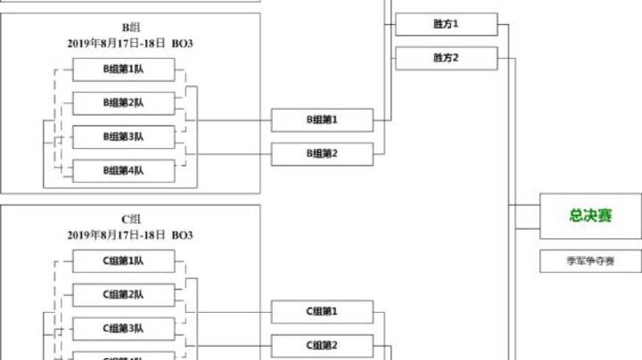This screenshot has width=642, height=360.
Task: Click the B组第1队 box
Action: tap(123, 70)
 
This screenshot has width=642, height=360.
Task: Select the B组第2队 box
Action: tap(123, 103)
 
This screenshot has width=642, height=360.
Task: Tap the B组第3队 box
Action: tap(123, 137)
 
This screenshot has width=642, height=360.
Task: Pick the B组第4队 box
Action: tap(123, 170)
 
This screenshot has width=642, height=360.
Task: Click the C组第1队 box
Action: tap(123, 261)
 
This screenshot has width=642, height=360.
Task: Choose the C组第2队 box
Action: tap(123, 295)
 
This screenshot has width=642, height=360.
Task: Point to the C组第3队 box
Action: tap(123, 329)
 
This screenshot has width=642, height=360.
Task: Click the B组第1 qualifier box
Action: tap(322, 119)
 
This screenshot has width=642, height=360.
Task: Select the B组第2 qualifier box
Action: tap(322, 153)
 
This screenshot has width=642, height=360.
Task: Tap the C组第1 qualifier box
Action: tap(322, 311)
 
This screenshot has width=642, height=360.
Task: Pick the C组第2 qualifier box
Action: tap(322, 345)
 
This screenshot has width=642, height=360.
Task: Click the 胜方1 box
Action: tap(446, 24)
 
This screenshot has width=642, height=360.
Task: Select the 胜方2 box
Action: tap(446, 58)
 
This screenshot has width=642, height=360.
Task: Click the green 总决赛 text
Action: tap(591, 217)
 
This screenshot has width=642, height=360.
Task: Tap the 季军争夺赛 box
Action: tap(591, 262)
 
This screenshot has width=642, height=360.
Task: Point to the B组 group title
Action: tap(131, 28)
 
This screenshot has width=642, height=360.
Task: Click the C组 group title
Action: tap(131, 219)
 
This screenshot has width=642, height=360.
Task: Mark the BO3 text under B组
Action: tap(182, 43)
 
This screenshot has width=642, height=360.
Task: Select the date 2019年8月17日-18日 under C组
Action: tap(117, 235)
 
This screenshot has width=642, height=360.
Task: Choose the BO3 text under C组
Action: tap(182, 235)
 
